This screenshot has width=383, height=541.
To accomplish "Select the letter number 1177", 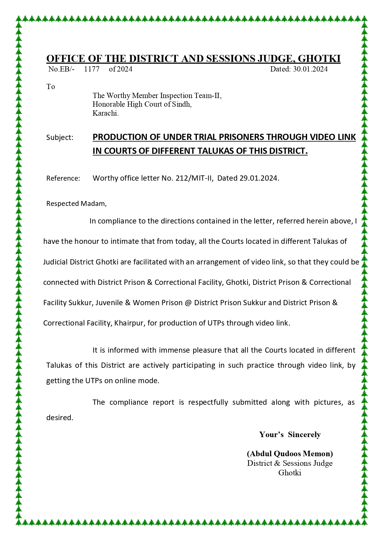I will [92, 69].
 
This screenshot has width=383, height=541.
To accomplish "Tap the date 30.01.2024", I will [310, 69].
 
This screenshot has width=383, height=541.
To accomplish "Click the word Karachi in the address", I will [105, 113].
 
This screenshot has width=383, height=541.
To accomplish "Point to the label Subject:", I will [60, 137].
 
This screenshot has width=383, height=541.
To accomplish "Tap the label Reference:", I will [63, 178].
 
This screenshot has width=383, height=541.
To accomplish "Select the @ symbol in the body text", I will [188, 303].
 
